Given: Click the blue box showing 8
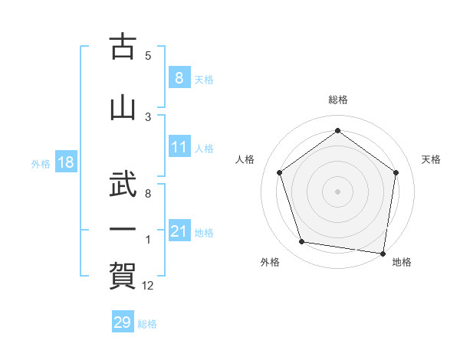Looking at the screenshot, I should [179, 78].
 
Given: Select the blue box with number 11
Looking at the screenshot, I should [179, 148].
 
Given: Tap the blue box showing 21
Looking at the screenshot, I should [179, 231].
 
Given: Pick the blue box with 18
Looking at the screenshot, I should [65, 162].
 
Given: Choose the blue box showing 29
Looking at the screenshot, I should [123, 322].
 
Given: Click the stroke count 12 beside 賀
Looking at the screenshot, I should [148, 286].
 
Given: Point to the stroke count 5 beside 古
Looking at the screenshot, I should [148, 56].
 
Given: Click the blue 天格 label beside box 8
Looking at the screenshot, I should [204, 79].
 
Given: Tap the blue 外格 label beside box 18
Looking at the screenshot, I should [41, 163].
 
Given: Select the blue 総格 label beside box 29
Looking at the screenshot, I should [147, 323].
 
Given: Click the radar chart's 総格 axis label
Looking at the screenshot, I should [338, 100].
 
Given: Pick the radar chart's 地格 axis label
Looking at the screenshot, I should [402, 263].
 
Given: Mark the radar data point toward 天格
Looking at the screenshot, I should [396, 172].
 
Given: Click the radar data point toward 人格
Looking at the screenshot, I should [279, 172].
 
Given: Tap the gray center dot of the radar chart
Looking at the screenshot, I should [337, 191].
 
